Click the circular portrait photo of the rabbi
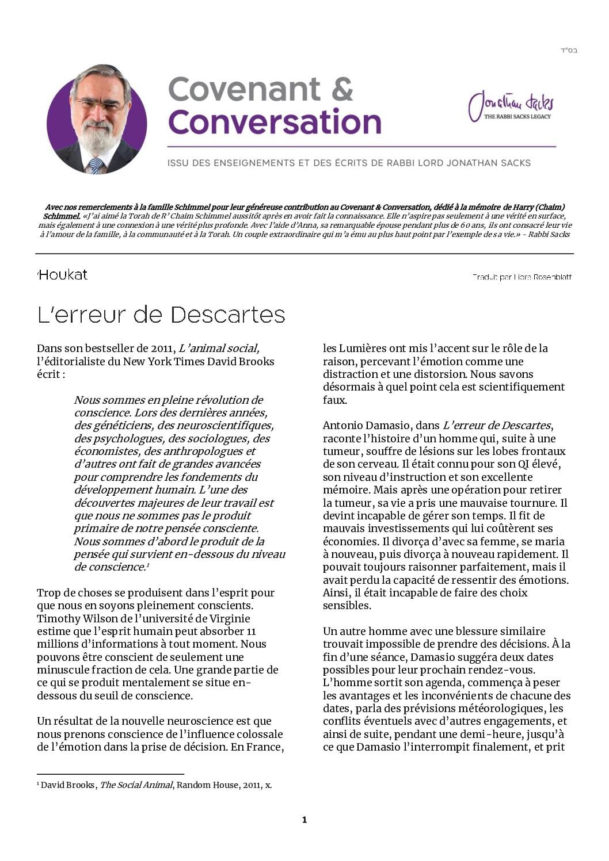pyautogui.click(x=97, y=120)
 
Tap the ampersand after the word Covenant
pyautogui.click(x=342, y=89)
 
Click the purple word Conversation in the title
pyautogui.click(x=275, y=122)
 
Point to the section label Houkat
pyautogui.click(x=63, y=275)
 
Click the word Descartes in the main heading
pyautogui.click(x=228, y=315)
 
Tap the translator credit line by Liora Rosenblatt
pyautogui.click(x=522, y=277)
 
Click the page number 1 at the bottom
pyautogui.click(x=304, y=820)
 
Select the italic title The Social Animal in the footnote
pyautogui.click(x=136, y=785)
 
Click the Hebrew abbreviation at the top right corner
pyautogui.click(x=568, y=51)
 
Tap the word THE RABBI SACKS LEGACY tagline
pyautogui.click(x=517, y=117)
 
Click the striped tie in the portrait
pyautogui.click(x=96, y=166)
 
